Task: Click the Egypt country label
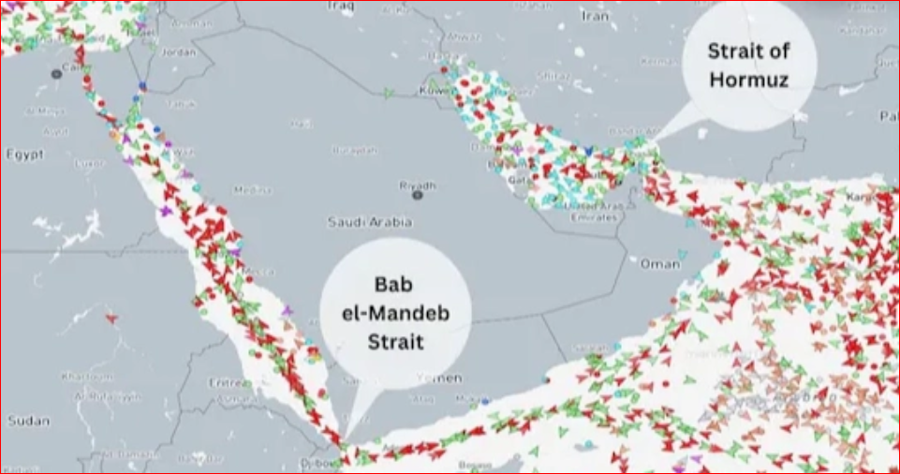pyautogui.click(x=24, y=154)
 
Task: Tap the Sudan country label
pyautogui.click(x=27, y=421)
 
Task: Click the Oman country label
pyautogui.click(x=659, y=264)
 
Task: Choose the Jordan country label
pyautogui.click(x=179, y=52)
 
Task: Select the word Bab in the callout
pyautogui.click(x=394, y=282)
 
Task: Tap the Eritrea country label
pyautogui.click(x=229, y=382)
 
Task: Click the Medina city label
pyautogui.click(x=251, y=190)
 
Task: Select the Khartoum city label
pyautogui.click(x=84, y=377)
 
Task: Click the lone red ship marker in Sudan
pyautogui.click(x=111, y=318)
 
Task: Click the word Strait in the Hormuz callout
pyautogui.click(x=749, y=51)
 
